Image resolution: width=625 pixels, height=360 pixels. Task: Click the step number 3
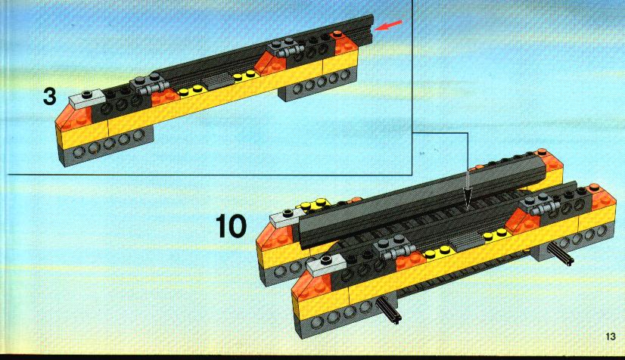[x=49, y=97]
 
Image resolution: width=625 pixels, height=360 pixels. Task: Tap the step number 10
[x=232, y=226]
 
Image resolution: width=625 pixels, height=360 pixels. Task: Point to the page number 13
[x=611, y=337]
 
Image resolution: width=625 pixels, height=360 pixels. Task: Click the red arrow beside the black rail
[x=389, y=25]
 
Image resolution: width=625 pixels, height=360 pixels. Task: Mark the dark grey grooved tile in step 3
[x=218, y=81]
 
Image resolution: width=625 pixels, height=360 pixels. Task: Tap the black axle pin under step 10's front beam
[x=389, y=311]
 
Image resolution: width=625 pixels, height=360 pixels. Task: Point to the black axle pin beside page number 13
[x=561, y=255]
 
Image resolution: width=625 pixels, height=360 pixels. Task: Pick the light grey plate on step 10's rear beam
[x=286, y=216]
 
